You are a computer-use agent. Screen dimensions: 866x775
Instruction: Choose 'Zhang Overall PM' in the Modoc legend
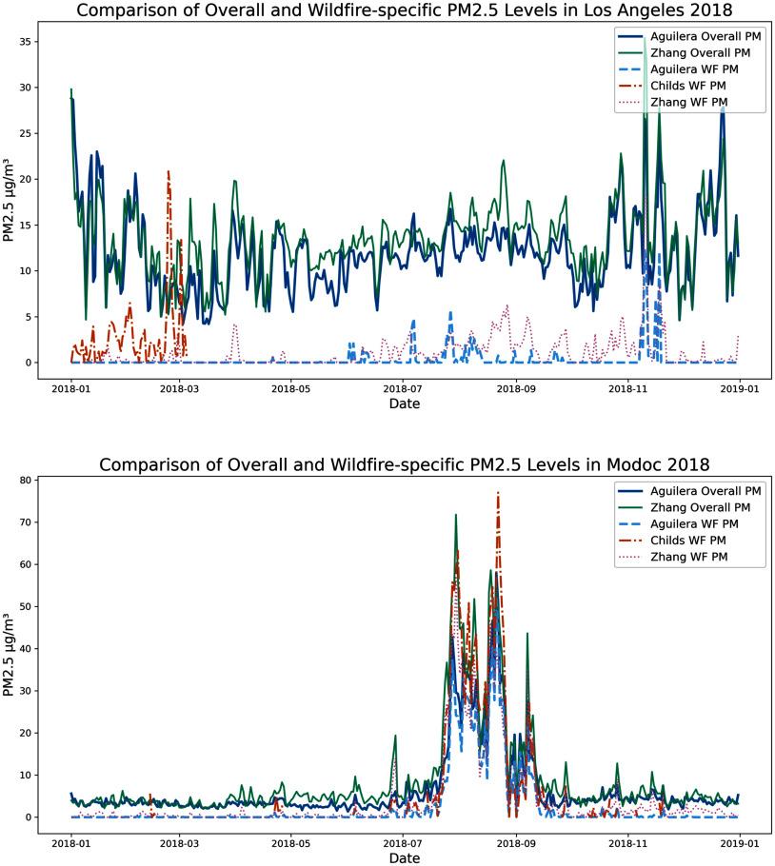coord(705,506)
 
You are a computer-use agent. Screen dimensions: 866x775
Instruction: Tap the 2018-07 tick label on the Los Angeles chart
coord(405,388)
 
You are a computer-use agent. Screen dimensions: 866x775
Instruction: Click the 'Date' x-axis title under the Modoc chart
coord(404,859)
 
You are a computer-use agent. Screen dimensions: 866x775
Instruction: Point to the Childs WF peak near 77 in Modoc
coord(498,493)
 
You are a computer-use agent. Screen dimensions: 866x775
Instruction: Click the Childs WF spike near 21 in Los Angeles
coord(169,171)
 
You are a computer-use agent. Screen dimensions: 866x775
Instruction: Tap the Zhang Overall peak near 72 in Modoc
coord(456,515)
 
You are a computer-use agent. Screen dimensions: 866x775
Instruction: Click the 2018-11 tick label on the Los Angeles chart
coord(627,388)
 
